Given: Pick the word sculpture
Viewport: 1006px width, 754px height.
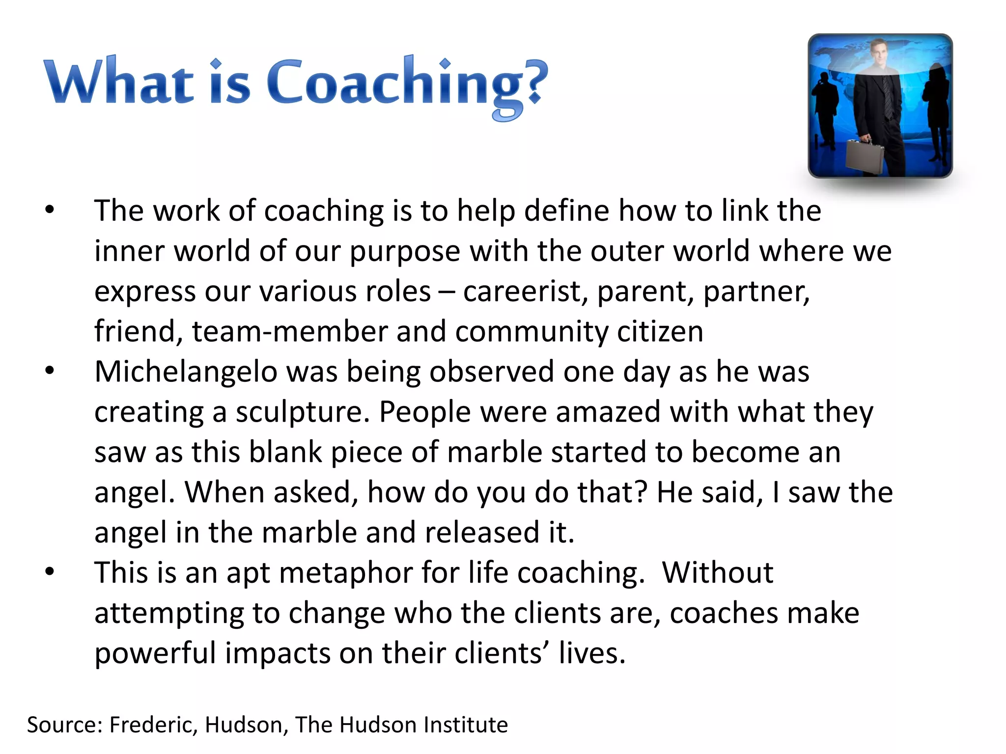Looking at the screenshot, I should click(x=302, y=412).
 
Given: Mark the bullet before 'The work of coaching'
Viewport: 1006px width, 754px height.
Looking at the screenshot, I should click(x=50, y=210).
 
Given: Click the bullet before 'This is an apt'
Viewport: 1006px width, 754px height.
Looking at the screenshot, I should click(x=50, y=572).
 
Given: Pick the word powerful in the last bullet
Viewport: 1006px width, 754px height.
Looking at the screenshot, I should click(x=155, y=654).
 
